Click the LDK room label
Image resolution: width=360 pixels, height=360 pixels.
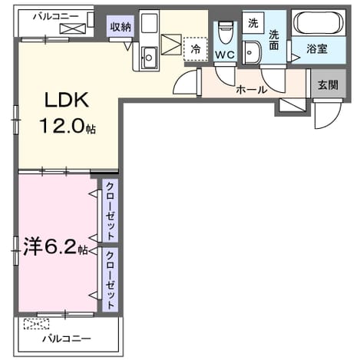tap(67, 100)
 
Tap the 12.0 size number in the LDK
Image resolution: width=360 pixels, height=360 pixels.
tap(62, 126)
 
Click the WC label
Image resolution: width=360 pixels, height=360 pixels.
tap(225, 54)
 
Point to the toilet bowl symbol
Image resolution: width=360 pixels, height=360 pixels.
tap(226, 32)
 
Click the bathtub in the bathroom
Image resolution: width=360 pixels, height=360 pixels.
tap(319, 23)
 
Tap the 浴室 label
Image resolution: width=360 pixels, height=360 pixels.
tap(317, 48)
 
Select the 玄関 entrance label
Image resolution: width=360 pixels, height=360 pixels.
tap(329, 85)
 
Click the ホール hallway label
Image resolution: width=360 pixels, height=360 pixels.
tap(252, 90)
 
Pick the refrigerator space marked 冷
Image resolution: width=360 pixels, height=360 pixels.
tap(195, 49)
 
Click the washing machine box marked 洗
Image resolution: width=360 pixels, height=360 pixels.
tap(253, 23)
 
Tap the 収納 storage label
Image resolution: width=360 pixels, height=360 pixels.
tap(121, 27)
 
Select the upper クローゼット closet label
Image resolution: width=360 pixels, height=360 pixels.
tap(111, 210)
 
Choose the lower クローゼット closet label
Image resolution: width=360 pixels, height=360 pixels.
tap(111, 279)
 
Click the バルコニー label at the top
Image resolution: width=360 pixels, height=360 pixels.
tap(55, 17)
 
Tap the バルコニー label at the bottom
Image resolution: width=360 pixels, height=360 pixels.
tap(67, 339)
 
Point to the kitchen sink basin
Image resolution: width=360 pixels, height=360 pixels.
tap(150, 58)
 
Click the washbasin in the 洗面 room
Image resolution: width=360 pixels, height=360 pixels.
tap(252, 52)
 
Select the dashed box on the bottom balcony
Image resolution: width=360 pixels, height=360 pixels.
tap(36, 324)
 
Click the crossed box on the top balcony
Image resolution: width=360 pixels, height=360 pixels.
tap(72, 28)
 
